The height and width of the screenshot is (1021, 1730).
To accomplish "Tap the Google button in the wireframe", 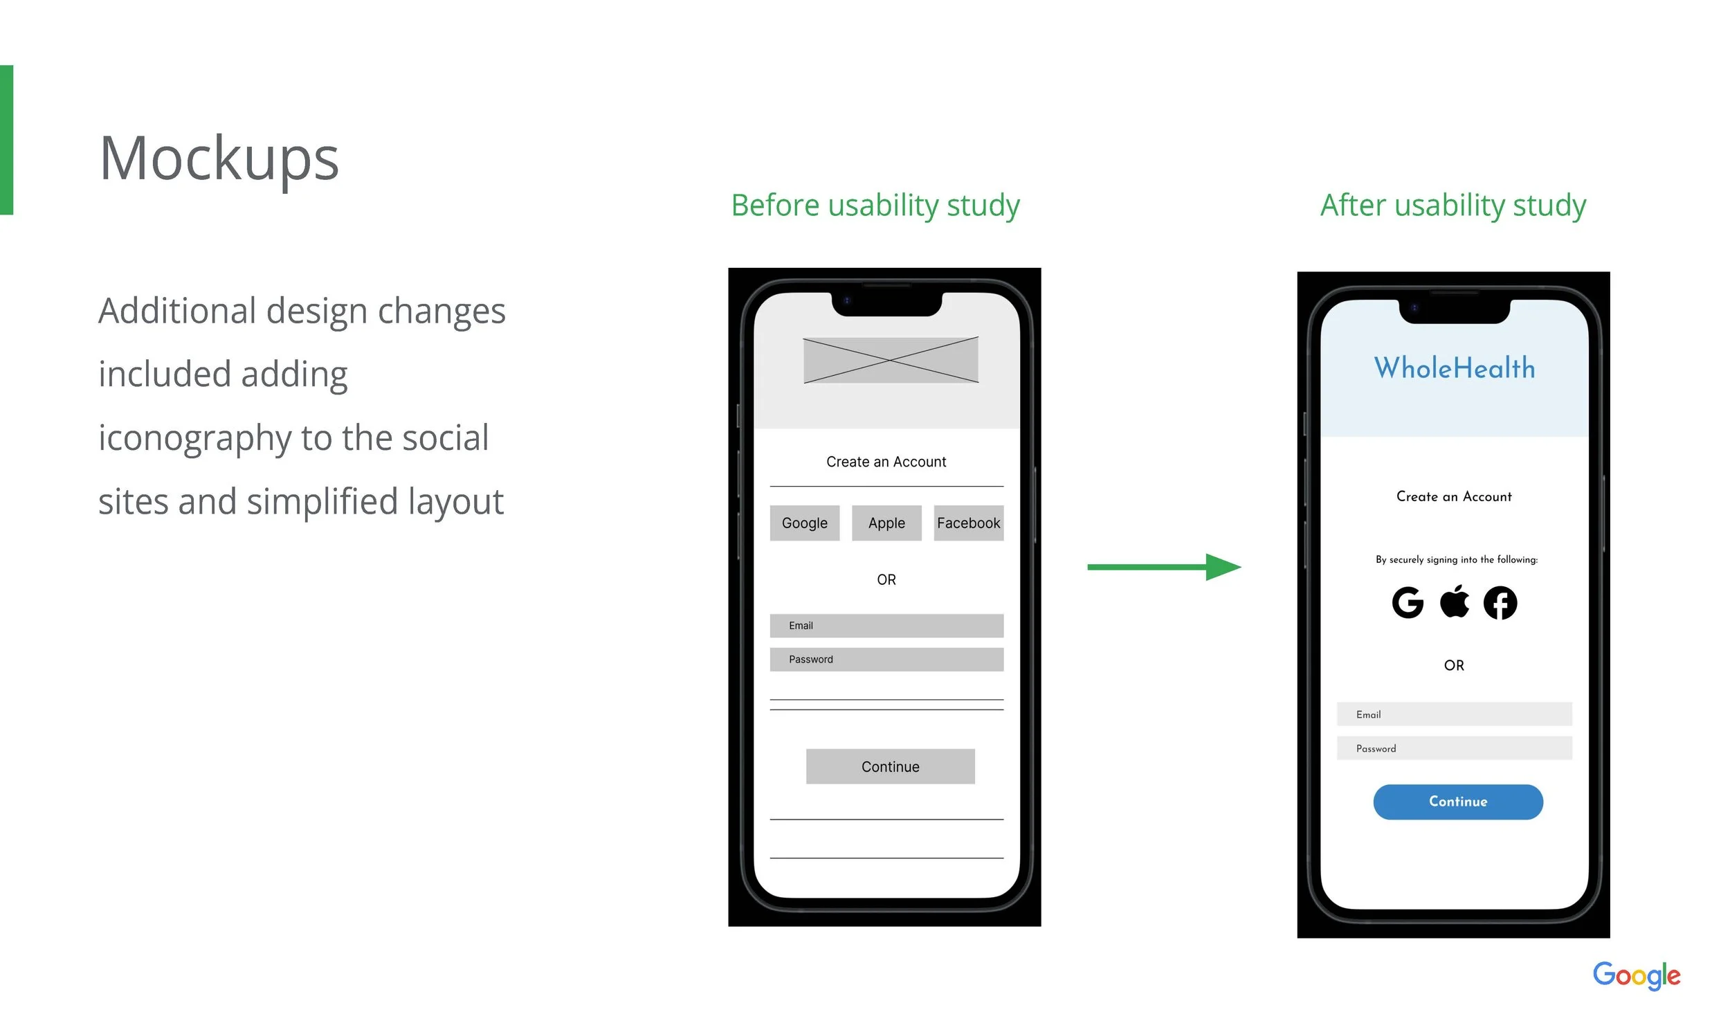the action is pyautogui.click(x=804, y=523).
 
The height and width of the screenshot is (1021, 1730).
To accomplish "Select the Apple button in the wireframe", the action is pyautogui.click(x=886, y=523).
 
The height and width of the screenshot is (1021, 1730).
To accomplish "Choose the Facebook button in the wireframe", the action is pyautogui.click(x=968, y=523).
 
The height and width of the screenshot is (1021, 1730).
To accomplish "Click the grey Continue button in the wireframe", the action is pyautogui.click(x=890, y=766).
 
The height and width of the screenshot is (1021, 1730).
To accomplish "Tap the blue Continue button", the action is pyautogui.click(x=1457, y=802).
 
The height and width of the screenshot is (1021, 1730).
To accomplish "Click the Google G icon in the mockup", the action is pyautogui.click(x=1408, y=602).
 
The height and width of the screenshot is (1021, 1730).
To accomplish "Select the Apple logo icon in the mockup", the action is pyautogui.click(x=1454, y=601).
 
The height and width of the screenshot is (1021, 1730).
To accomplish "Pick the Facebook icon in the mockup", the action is pyautogui.click(x=1500, y=602).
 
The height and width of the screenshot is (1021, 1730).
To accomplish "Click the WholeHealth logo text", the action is pyautogui.click(x=1454, y=368).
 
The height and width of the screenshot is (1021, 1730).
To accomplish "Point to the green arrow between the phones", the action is pyautogui.click(x=1164, y=567).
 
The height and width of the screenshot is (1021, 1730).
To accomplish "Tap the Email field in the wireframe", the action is pyautogui.click(x=886, y=625).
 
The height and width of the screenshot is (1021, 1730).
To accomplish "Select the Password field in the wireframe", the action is pyautogui.click(x=886, y=659).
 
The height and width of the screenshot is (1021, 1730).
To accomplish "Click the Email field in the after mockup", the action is pyautogui.click(x=1454, y=714).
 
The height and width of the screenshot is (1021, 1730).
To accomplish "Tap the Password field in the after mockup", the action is pyautogui.click(x=1454, y=748).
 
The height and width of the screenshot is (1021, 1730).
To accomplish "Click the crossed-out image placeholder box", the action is pyautogui.click(x=891, y=360).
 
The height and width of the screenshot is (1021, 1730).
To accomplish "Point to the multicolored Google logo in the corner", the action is pyautogui.click(x=1636, y=976).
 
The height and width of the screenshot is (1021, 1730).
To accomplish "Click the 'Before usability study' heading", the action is pyautogui.click(x=875, y=206).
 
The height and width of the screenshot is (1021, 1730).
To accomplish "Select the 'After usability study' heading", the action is pyautogui.click(x=1453, y=206).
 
